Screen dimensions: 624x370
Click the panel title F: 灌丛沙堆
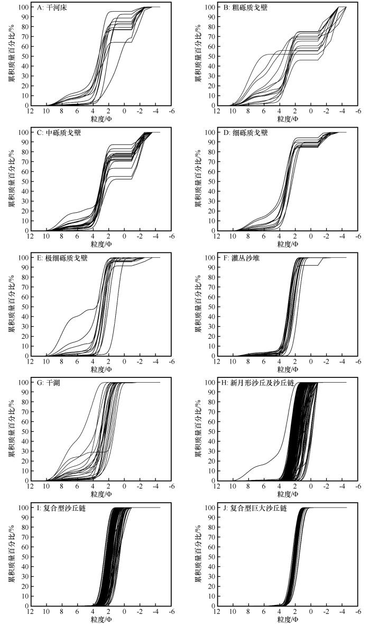(x=238, y=258)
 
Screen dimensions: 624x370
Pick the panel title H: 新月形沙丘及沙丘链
(x=251, y=383)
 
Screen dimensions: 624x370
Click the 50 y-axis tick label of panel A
(x=25, y=57)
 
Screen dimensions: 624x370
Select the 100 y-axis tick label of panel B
(x=209, y=7)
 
